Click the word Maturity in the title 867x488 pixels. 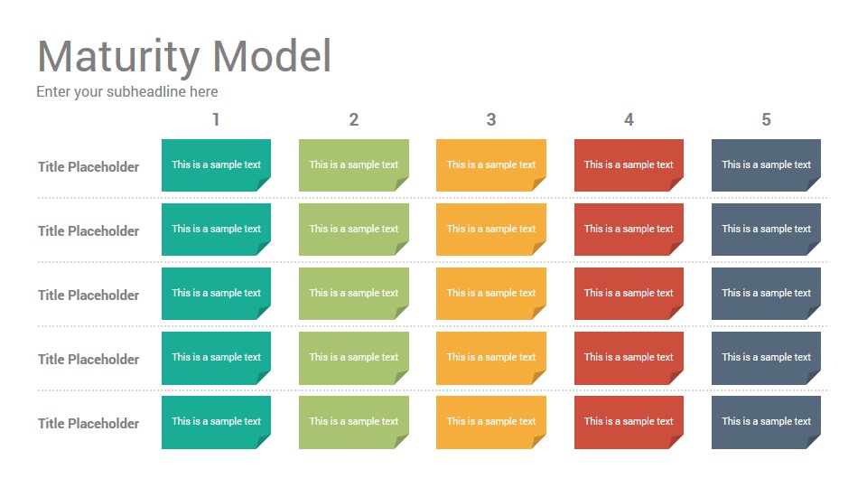pos(118,56)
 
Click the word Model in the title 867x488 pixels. pos(272,56)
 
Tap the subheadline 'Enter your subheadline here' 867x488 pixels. pos(127,92)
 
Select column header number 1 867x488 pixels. pos(216,119)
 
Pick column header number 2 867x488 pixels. pos(354,119)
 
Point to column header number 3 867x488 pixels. pos(491,119)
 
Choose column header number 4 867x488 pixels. pos(629,119)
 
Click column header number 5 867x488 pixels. pos(766,119)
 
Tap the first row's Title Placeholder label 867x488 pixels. pos(89,167)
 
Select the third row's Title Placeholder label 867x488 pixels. pos(89,296)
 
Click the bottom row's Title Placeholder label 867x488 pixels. pos(89,424)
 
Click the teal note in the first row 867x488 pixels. pos(216,164)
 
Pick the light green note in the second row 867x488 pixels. pos(354,229)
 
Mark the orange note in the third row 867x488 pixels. pos(491,293)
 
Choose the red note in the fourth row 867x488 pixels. pos(629,358)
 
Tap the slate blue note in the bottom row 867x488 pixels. pos(766,422)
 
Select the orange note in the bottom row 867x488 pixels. pos(491,422)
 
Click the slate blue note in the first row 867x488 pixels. pos(766,164)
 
